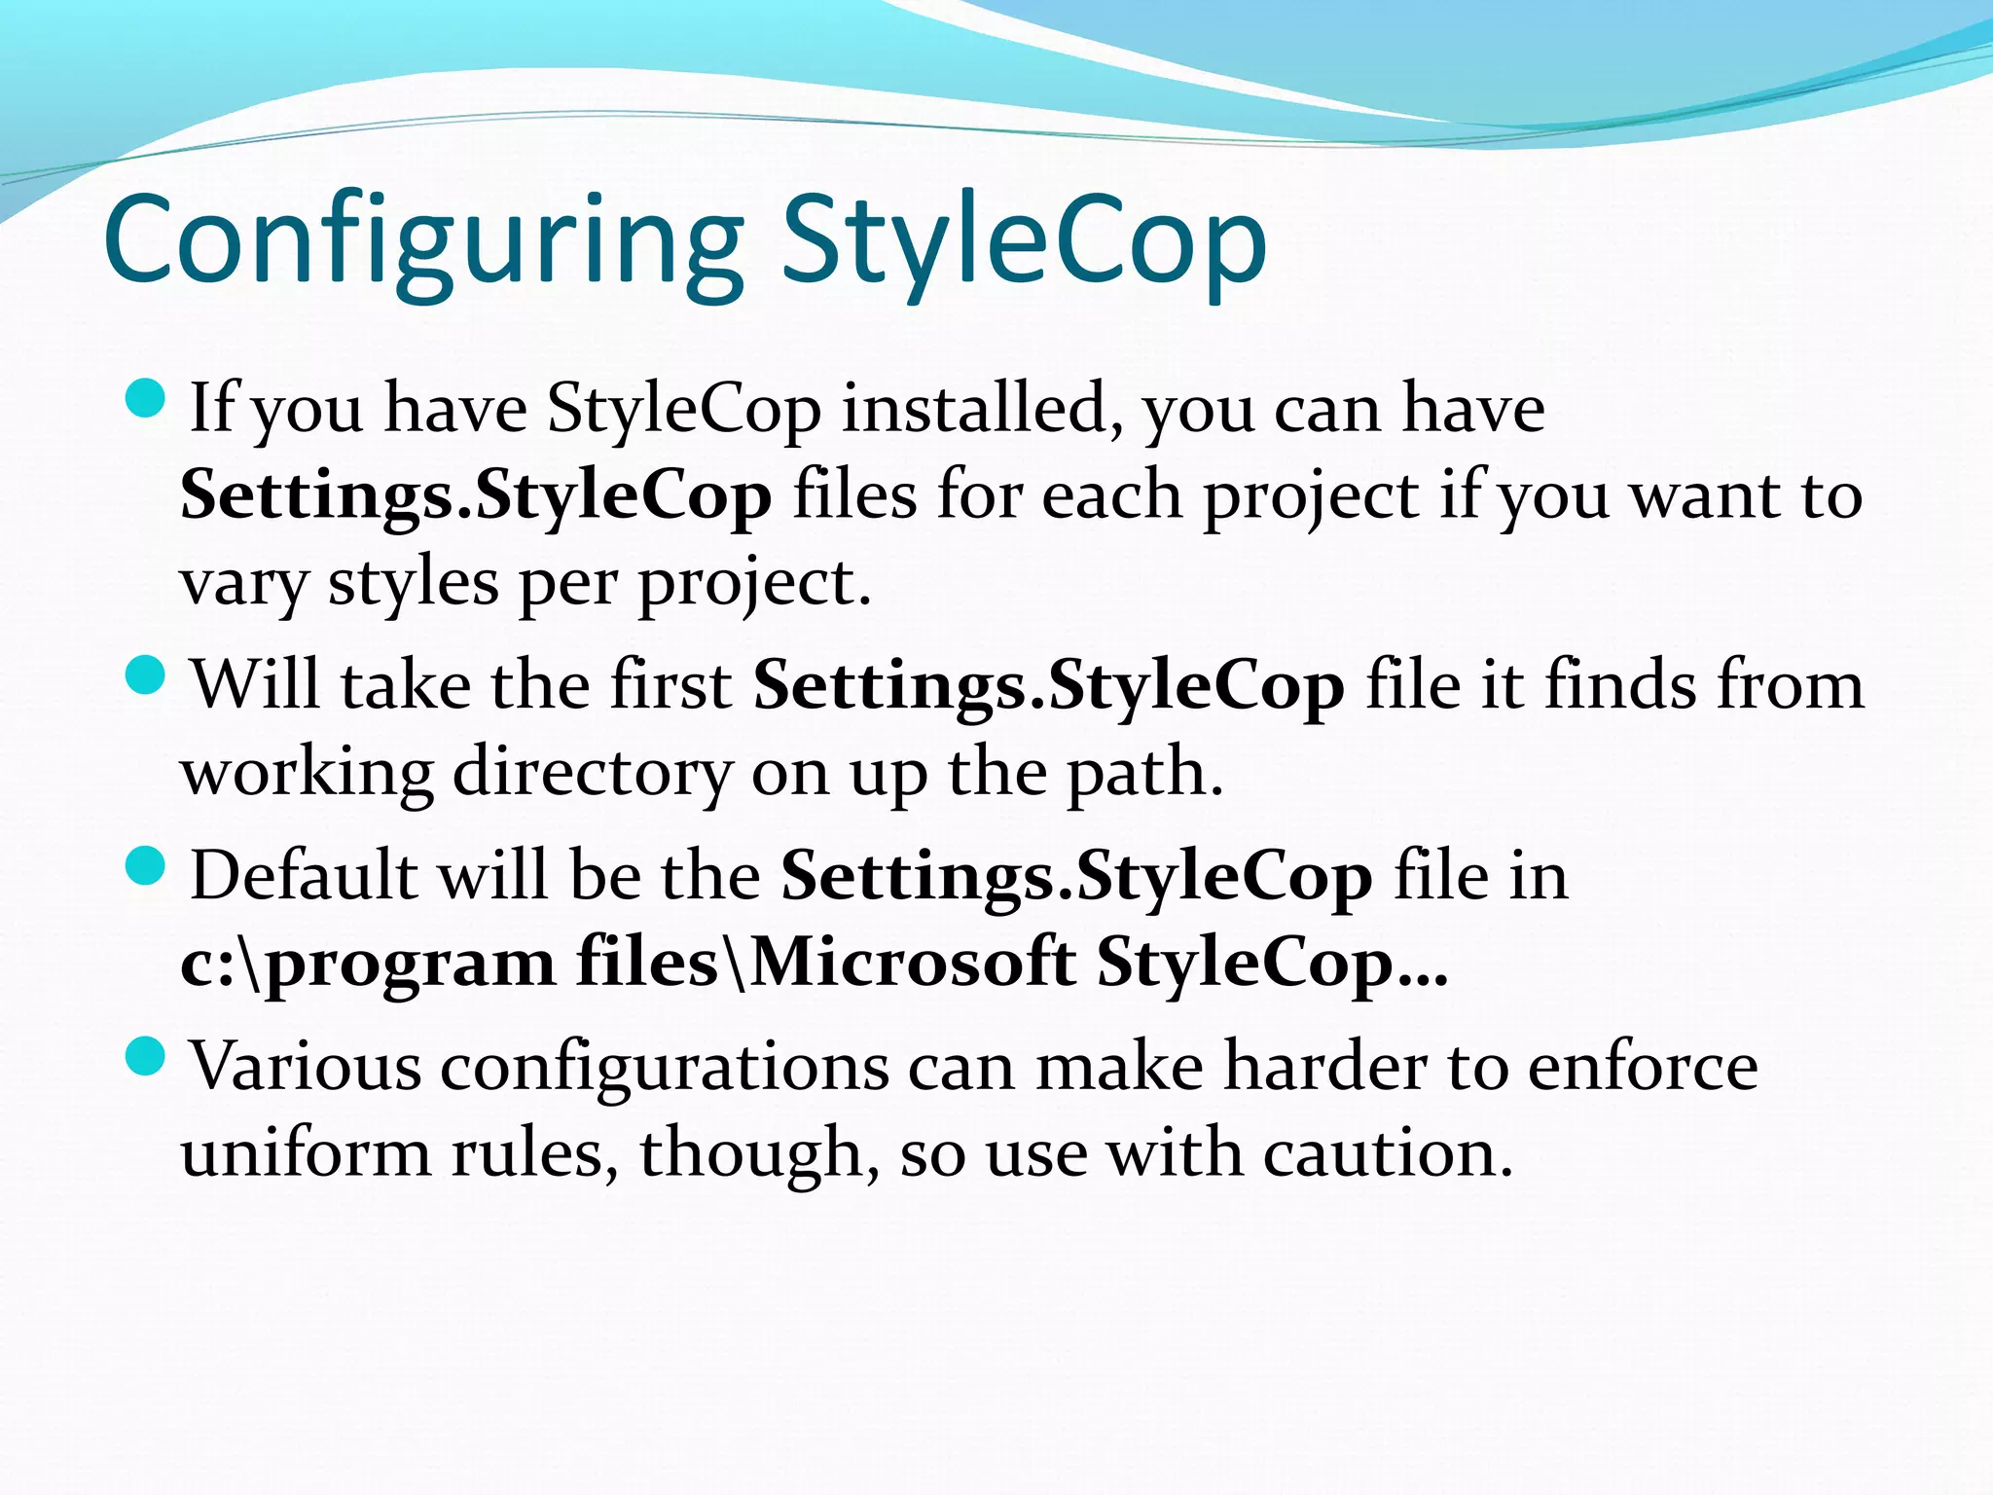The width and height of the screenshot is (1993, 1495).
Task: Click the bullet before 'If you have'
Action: click(147, 400)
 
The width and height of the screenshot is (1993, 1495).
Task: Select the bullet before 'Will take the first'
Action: click(147, 675)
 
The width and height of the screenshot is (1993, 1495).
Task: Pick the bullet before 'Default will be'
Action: click(147, 866)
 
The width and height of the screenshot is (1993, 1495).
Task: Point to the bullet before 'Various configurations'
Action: click(147, 1057)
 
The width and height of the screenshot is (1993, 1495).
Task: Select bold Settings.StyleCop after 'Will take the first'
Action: click(1049, 684)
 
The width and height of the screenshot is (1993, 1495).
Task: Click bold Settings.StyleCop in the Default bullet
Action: click(1076, 875)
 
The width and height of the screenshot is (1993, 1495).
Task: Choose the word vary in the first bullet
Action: click(244, 584)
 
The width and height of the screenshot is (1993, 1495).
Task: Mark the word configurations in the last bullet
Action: click(664, 1066)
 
